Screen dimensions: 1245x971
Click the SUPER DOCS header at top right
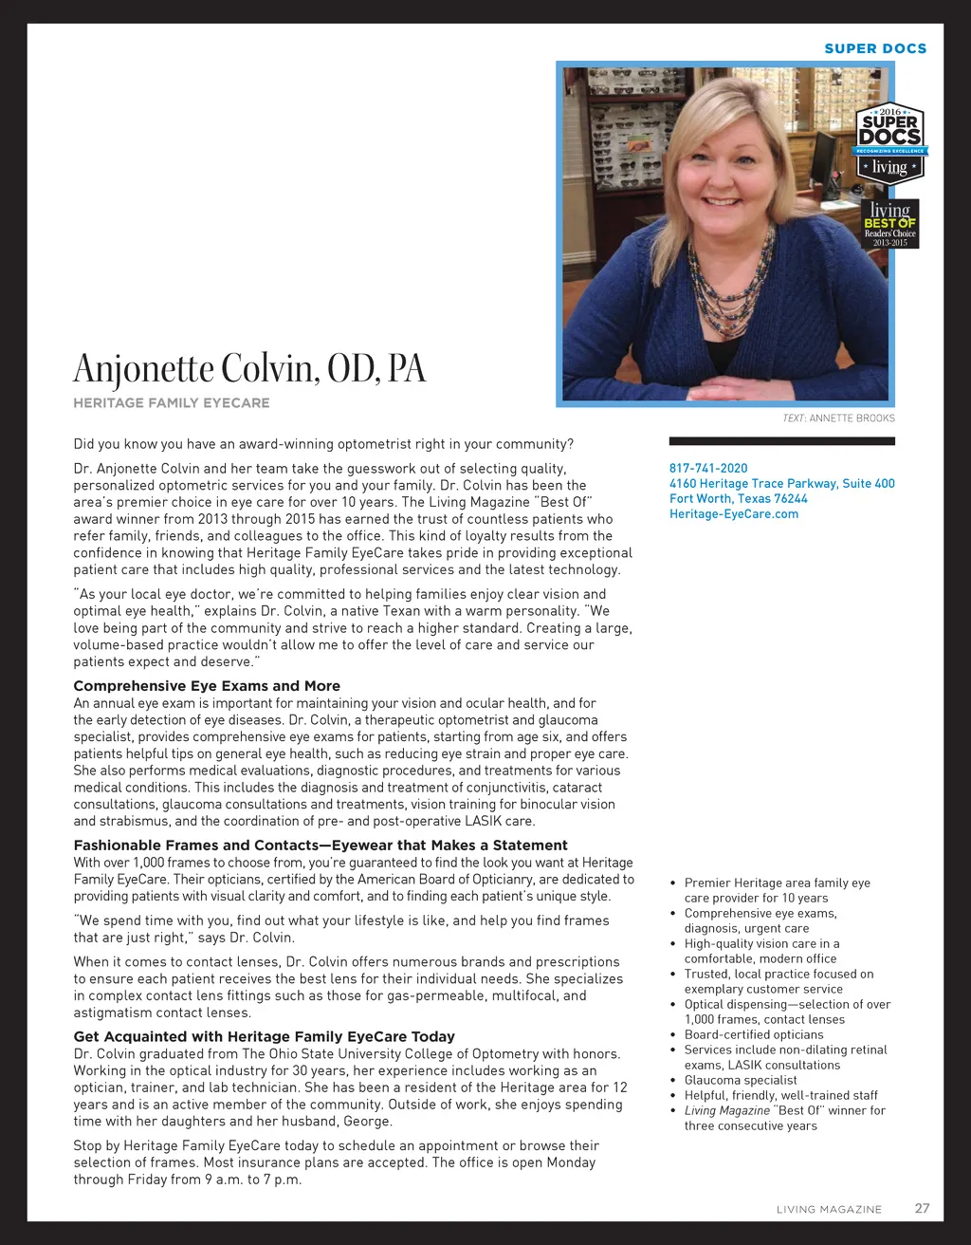[875, 48]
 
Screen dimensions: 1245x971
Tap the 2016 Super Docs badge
[890, 142]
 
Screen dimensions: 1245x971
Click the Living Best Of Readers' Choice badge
[890, 224]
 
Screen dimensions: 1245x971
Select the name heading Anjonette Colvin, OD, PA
[249, 368]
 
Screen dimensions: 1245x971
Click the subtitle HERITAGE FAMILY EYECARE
[172, 403]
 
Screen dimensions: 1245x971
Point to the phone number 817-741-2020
[708, 468]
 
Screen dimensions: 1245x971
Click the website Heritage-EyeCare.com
[734, 513]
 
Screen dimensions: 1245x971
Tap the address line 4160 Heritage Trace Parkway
[781, 483]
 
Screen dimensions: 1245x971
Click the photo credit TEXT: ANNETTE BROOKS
[838, 418]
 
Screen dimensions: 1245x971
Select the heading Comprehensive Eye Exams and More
[207, 686]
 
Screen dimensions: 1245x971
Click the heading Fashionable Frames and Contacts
[321, 845]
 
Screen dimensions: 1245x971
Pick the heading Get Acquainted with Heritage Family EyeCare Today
[265, 1037]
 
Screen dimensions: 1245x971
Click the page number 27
[922, 1208]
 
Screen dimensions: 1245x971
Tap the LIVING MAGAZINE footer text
[829, 1209]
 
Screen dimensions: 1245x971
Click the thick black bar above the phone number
[781, 441]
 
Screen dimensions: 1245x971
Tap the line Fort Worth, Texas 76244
[739, 498]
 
